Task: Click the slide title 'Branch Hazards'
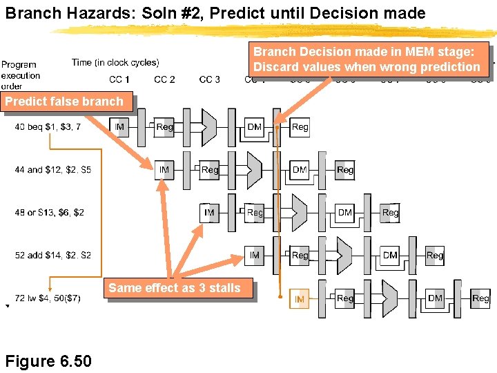[x=215, y=13]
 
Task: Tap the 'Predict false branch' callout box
[x=64, y=102]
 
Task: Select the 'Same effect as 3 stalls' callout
[x=175, y=288]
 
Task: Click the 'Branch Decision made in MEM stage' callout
[x=367, y=59]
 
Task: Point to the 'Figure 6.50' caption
[x=48, y=361]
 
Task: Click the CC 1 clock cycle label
[x=119, y=79]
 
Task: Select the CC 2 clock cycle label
[x=164, y=79]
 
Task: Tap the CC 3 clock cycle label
[x=210, y=79]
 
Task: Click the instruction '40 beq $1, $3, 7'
[x=48, y=126]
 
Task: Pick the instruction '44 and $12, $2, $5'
[x=53, y=169]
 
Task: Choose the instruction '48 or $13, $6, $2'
[x=50, y=212]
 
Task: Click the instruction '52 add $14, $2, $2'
[x=53, y=255]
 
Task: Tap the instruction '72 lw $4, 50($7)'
[x=48, y=298]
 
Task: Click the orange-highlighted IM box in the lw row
[x=300, y=299]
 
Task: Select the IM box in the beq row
[x=119, y=127]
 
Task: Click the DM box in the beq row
[x=255, y=127]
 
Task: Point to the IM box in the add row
[x=255, y=256]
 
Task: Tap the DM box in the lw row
[x=435, y=298]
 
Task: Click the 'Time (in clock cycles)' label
[x=115, y=62]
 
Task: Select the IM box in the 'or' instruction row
[x=210, y=213]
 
